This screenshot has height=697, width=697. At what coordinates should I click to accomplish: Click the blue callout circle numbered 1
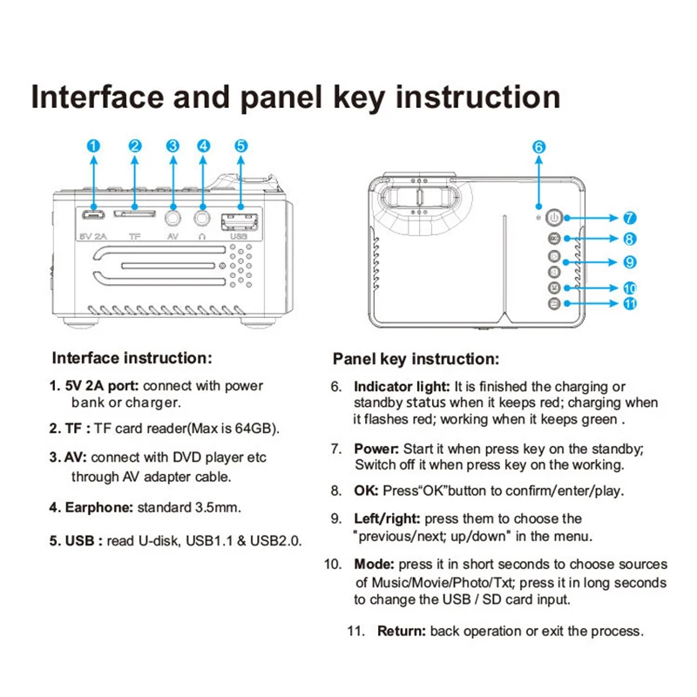(x=93, y=146)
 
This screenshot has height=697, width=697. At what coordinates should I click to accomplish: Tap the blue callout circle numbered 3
(x=173, y=146)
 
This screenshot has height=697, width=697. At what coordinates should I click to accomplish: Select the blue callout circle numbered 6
(x=538, y=147)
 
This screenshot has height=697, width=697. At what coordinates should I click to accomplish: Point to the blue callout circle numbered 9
(x=629, y=261)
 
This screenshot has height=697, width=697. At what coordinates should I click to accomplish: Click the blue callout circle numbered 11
(x=629, y=303)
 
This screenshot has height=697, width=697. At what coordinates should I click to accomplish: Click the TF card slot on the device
(x=135, y=214)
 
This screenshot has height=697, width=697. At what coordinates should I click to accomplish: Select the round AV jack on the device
(x=173, y=216)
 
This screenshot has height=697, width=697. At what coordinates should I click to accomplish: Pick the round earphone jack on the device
(x=204, y=216)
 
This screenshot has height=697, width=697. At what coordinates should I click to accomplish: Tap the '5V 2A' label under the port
(x=92, y=235)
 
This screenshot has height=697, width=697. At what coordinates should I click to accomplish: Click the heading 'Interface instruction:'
(x=132, y=358)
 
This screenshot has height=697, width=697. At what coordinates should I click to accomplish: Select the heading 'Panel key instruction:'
(x=416, y=359)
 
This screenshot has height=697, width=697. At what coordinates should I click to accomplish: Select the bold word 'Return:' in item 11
(x=401, y=631)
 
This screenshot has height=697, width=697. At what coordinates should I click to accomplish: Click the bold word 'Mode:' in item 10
(x=374, y=565)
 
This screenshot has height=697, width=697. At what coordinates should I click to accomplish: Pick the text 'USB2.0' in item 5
(x=275, y=541)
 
